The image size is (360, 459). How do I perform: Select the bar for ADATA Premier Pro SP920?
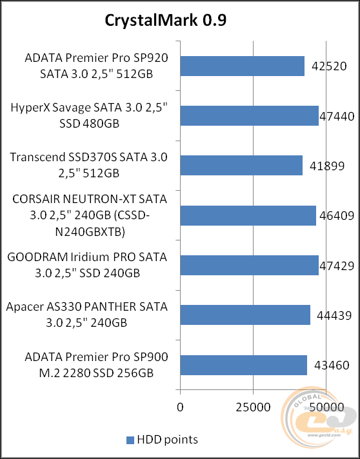pyautogui.click(x=242, y=66)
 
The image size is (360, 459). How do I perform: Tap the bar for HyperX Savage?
pyautogui.click(x=249, y=115)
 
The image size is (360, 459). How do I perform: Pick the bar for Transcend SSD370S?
pyautogui.click(x=241, y=165)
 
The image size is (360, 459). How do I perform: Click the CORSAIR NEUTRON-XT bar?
pyautogui.click(x=248, y=215)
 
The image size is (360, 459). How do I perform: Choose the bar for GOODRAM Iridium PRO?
pyautogui.click(x=249, y=265)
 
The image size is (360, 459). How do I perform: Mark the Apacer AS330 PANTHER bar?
pyautogui.click(x=245, y=315)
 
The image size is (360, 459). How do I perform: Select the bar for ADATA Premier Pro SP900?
pyautogui.click(x=243, y=365)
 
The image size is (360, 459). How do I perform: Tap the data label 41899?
pyautogui.click(x=327, y=166)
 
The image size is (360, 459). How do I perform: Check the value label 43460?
pyautogui.click(x=329, y=366)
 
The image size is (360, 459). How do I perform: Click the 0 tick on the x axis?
pyautogui.click(x=180, y=407)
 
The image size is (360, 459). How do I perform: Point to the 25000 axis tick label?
pyautogui.click(x=253, y=407)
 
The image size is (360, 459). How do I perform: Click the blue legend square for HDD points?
pyautogui.click(x=130, y=440)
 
